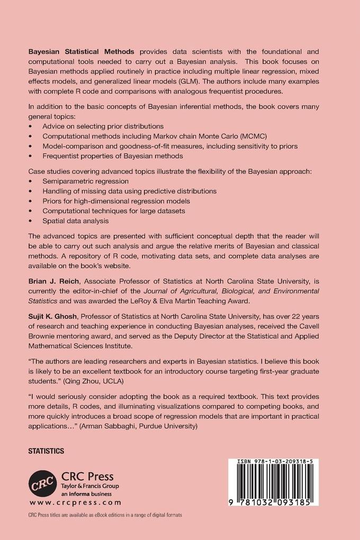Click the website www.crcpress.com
pos(75,502)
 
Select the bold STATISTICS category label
pos(46,451)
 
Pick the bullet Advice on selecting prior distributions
pos(103,126)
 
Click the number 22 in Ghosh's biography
pos(302,316)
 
